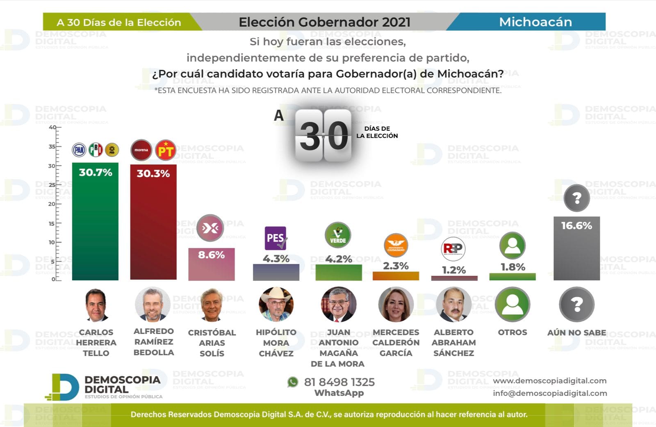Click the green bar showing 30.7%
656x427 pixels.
[x=95, y=229]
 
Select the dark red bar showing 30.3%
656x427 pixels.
[x=153, y=229]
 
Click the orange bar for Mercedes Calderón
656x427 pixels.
[x=396, y=276]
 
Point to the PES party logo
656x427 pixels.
[x=276, y=238]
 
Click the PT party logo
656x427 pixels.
[x=166, y=150]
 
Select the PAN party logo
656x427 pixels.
[x=79, y=150]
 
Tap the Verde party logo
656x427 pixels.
[x=338, y=235]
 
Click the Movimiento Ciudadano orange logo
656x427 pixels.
[x=396, y=245]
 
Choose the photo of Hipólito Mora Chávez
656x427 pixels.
[x=276, y=304]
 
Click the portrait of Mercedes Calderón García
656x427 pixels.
[x=396, y=304]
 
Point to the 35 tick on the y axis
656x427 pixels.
[x=52, y=147]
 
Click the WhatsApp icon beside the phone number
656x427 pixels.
[x=293, y=382]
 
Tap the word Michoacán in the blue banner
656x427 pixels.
[x=535, y=22]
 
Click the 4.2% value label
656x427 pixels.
[x=339, y=259]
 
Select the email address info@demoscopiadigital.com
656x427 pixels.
[x=550, y=393]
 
